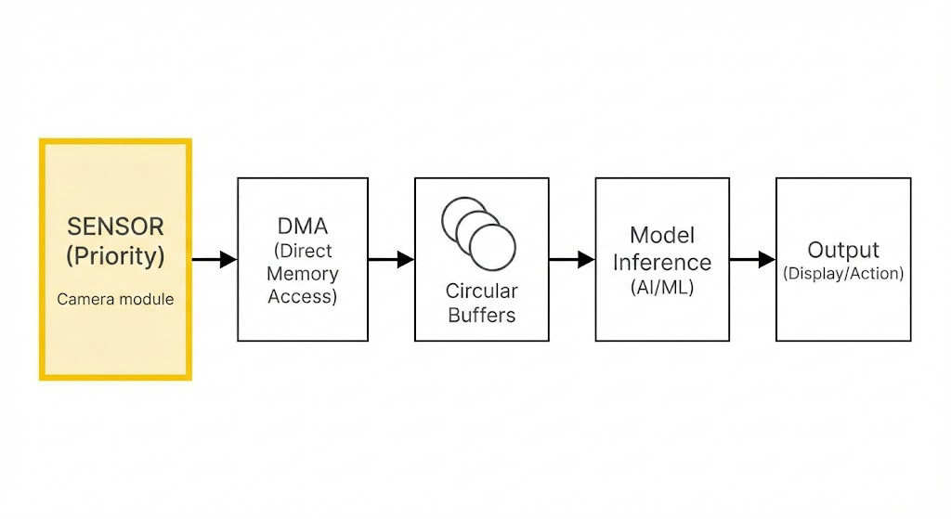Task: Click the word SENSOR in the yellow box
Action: pyautogui.click(x=115, y=226)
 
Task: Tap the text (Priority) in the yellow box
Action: pyautogui.click(x=115, y=255)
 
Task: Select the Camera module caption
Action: pyautogui.click(x=115, y=299)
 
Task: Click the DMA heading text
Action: pyautogui.click(x=302, y=226)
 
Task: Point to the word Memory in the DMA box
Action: pyautogui.click(x=302, y=274)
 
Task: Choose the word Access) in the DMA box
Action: pyautogui.click(x=302, y=296)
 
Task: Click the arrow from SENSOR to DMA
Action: pyautogui.click(x=215, y=260)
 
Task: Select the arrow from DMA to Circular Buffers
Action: pyautogui.click(x=391, y=260)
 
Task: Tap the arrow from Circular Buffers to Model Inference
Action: pyautogui.click(x=572, y=260)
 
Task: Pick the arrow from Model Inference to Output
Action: pyautogui.click(x=752, y=260)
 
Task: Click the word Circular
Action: pyautogui.click(x=481, y=291)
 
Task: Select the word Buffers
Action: pyautogui.click(x=481, y=315)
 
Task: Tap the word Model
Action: pyautogui.click(x=661, y=235)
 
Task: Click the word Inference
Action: pyautogui.click(x=661, y=262)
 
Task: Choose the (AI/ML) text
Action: pyautogui.click(x=661, y=288)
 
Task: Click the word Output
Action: pyautogui.click(x=843, y=250)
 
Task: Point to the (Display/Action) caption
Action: pyautogui.click(x=843, y=274)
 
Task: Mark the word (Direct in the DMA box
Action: pyautogui.click(x=302, y=251)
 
